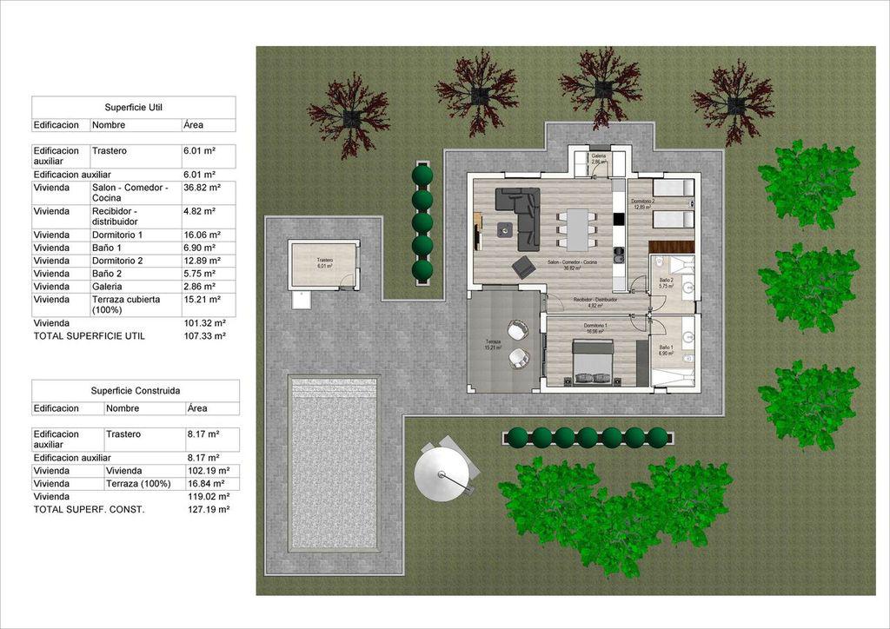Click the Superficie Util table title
click(x=133, y=108)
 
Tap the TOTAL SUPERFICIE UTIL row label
click(x=89, y=335)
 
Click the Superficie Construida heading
click(x=136, y=391)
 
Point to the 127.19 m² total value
click(x=208, y=510)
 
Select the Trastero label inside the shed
click(x=325, y=262)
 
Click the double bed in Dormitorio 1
click(x=593, y=361)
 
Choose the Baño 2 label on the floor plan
click(x=666, y=281)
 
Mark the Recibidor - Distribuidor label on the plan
click(x=595, y=301)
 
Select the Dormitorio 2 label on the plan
click(x=643, y=203)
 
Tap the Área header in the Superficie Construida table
click(x=196, y=408)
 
